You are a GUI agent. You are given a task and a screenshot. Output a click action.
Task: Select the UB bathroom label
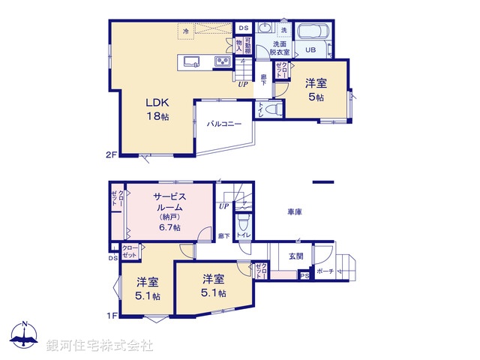click(309, 50)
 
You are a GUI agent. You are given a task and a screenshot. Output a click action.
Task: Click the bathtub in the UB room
click(311, 33)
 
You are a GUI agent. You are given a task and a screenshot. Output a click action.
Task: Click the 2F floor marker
click(112, 155)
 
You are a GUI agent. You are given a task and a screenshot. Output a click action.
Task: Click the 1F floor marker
click(112, 315)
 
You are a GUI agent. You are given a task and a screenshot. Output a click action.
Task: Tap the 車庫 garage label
click(294, 212)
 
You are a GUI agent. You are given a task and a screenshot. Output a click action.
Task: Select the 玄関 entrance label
click(296, 256)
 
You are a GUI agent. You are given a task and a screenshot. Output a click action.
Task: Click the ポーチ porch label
click(325, 271)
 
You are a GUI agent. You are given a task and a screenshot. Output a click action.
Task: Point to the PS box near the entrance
click(304, 276)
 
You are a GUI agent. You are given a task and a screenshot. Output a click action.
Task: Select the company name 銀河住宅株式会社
click(100, 346)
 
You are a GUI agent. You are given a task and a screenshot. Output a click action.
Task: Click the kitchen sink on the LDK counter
click(189, 61)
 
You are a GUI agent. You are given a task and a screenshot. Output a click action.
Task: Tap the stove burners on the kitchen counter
click(223, 61)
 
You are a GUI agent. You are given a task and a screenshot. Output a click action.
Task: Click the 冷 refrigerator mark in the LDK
click(186, 31)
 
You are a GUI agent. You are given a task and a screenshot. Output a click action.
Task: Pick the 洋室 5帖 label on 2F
click(315, 90)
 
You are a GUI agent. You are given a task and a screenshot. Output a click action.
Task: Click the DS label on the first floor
click(112, 259)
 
